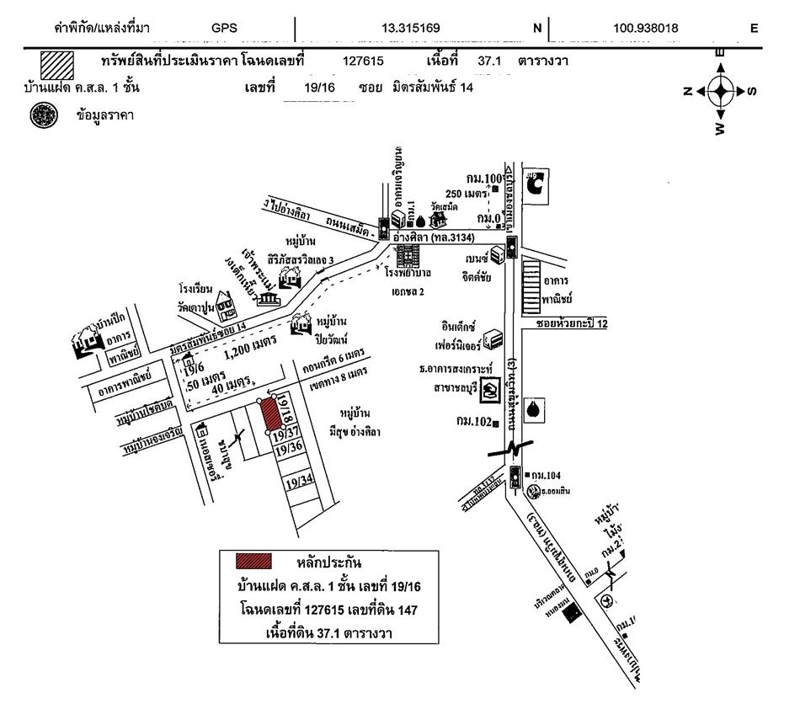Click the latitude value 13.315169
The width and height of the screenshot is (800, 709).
coord(411,29)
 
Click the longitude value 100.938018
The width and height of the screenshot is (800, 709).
coord(647,29)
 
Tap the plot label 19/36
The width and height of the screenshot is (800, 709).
coord(289,450)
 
